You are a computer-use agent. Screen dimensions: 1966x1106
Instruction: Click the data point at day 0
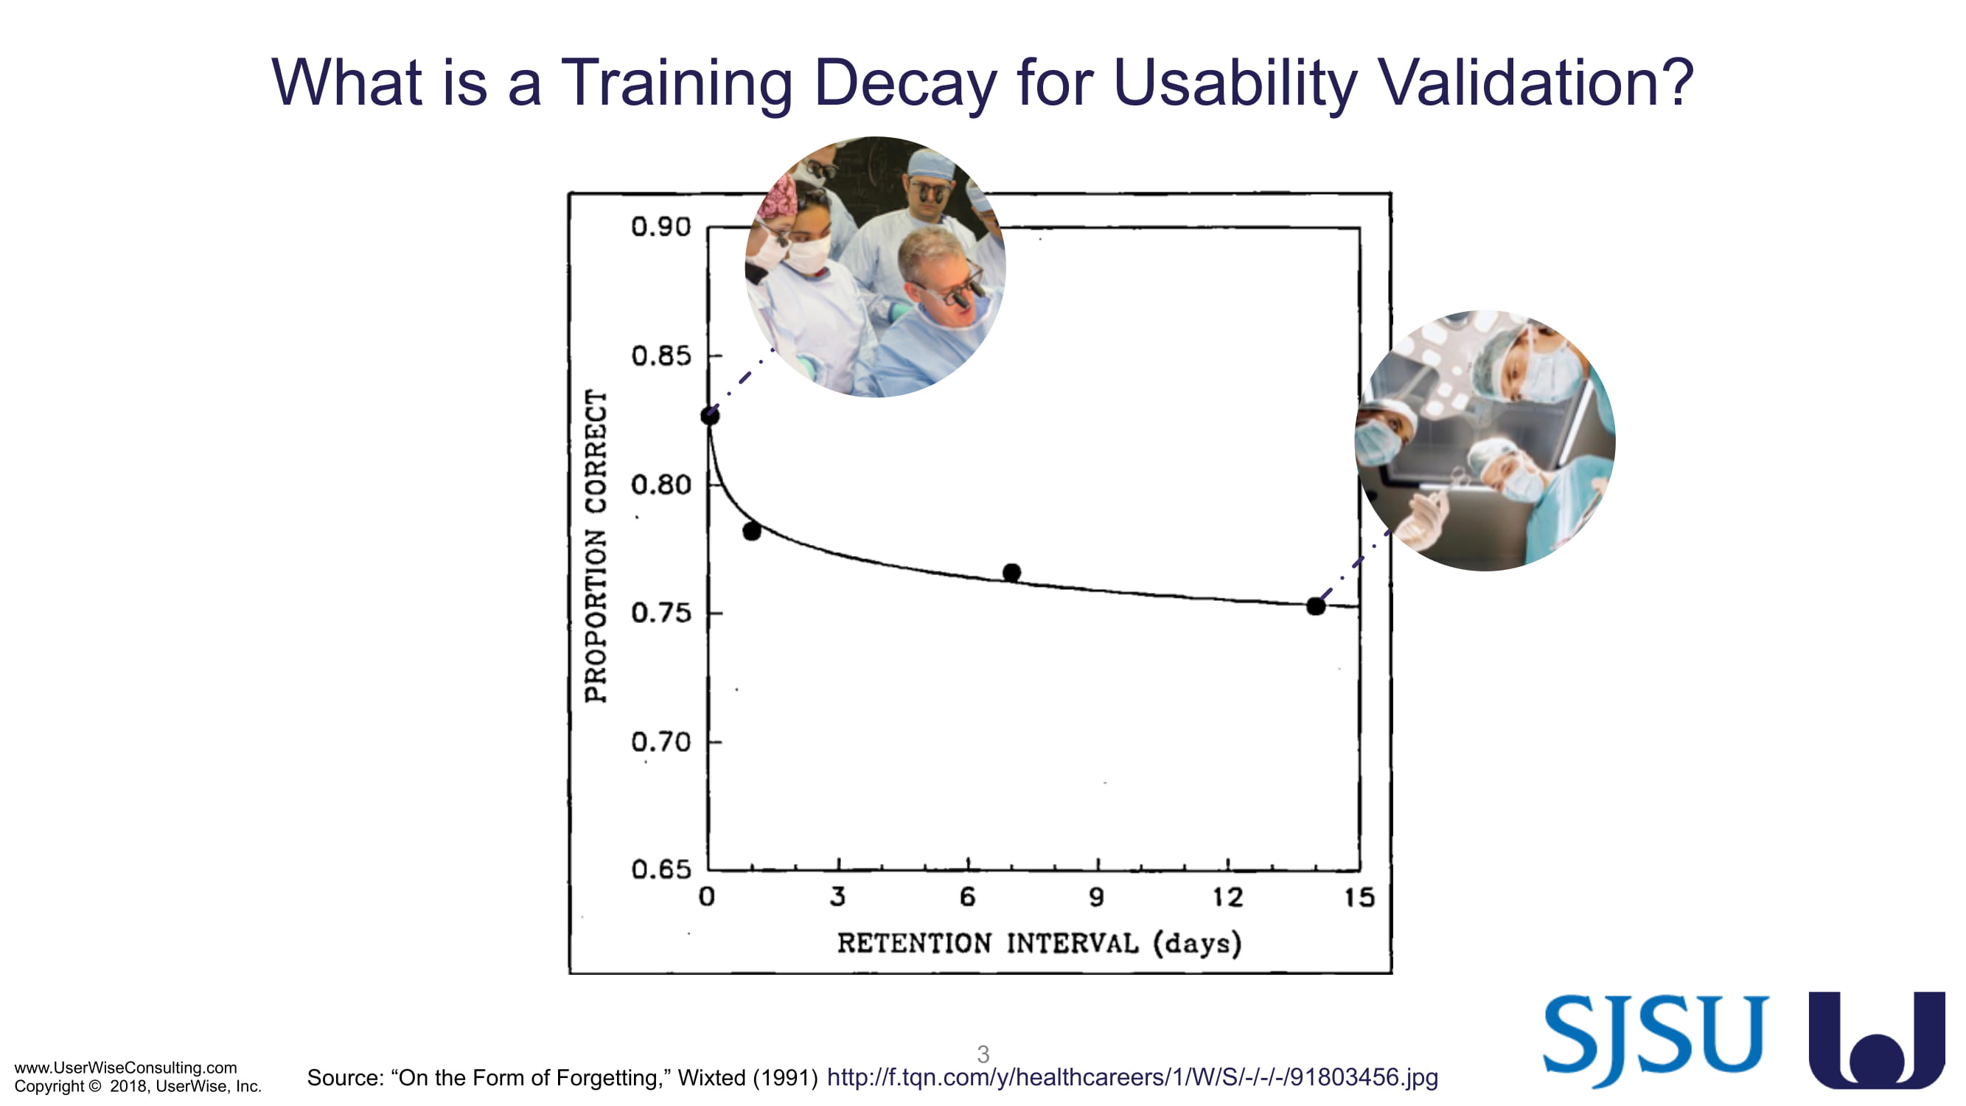[710, 416]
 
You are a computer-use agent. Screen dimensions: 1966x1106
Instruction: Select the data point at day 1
[752, 531]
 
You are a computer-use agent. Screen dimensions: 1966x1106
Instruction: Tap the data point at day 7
[1012, 572]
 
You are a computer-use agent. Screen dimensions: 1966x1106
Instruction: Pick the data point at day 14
[1316, 606]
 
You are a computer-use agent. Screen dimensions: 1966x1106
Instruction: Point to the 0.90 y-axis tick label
[661, 226]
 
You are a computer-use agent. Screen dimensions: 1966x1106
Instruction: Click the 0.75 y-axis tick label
[661, 613]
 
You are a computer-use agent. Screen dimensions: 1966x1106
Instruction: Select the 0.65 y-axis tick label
[661, 869]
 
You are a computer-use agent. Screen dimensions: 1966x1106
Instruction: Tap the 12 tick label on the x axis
[1228, 897]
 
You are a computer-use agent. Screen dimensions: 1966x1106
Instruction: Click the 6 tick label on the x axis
[968, 897]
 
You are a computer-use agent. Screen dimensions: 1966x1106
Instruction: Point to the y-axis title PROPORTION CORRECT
[596, 546]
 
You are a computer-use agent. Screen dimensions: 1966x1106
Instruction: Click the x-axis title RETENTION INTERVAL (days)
[1039, 944]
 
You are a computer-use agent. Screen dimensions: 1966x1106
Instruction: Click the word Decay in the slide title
[905, 83]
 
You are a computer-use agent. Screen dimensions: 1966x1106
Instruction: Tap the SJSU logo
[1656, 1040]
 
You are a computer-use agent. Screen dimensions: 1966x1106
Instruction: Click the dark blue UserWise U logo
[1877, 1040]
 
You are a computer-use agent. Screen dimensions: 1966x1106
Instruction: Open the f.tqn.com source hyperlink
[1132, 1077]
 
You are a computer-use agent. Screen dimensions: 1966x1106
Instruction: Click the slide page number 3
[983, 1054]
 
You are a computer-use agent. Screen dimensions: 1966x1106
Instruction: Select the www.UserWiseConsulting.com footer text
[126, 1067]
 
